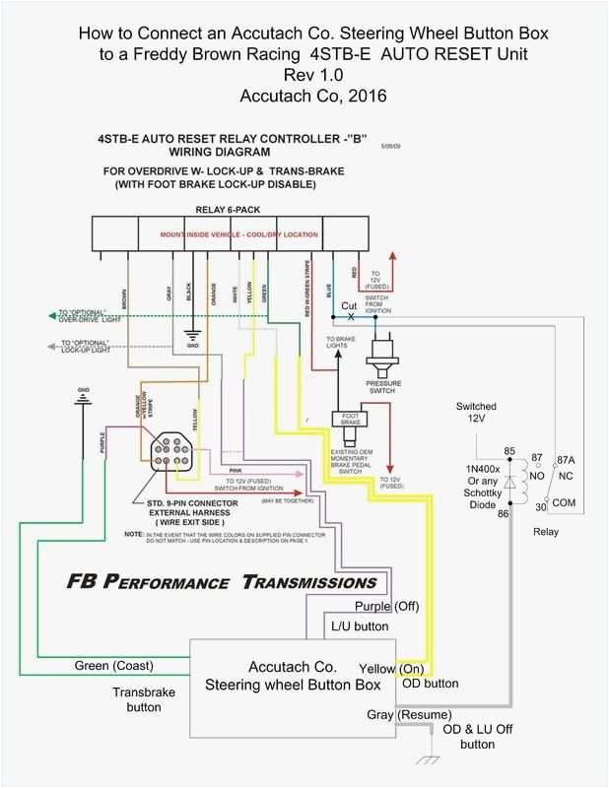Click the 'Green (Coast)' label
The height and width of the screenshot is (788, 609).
(x=114, y=665)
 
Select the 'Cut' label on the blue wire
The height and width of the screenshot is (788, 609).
(x=350, y=305)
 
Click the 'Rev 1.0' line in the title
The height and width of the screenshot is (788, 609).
(x=304, y=76)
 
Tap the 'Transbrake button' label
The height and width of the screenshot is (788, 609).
(x=144, y=699)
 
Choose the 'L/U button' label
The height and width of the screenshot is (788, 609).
(x=359, y=625)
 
